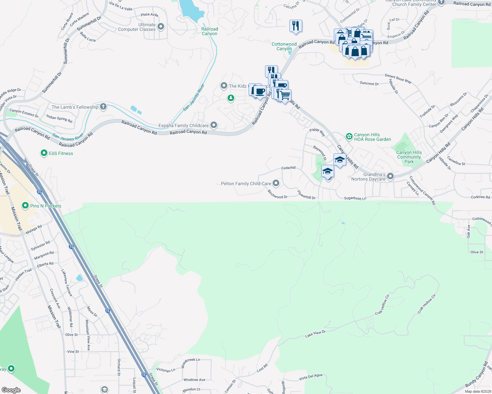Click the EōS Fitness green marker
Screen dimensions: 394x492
[x=44, y=153]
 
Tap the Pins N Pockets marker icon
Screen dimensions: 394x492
[x=25, y=206]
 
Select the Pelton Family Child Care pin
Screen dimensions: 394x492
[x=276, y=183]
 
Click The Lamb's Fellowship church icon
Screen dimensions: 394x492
[x=103, y=107]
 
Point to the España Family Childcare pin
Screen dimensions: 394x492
[x=214, y=125]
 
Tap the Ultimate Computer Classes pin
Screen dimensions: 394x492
[x=161, y=27]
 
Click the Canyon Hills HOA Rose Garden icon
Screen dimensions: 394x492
[x=349, y=136]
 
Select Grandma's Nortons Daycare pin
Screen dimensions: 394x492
[x=390, y=176]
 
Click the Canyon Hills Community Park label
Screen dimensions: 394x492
[x=409, y=157]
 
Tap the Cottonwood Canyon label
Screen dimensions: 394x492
[x=284, y=46]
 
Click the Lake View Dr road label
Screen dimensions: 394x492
[x=315, y=334]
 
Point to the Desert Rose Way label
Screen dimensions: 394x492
[x=398, y=78]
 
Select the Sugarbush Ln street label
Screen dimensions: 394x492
[x=355, y=198]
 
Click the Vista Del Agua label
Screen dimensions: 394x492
[x=310, y=377]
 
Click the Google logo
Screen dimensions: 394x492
[x=11, y=390]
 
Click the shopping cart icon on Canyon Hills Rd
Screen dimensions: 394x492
[x=285, y=96]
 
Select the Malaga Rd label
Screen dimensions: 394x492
[x=34, y=229]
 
